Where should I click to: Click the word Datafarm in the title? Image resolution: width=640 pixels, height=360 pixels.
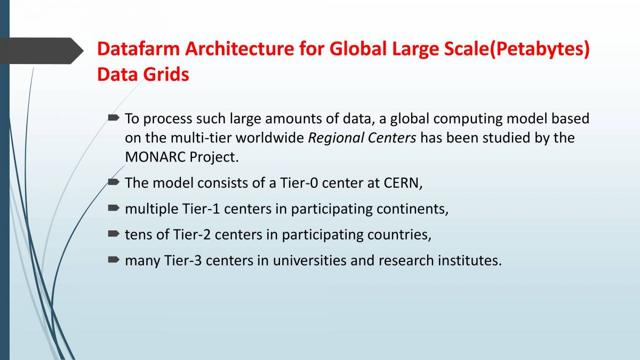click(138, 49)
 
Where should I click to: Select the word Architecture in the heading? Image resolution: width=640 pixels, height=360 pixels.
click(239, 49)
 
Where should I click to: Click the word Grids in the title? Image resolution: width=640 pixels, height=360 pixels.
click(166, 74)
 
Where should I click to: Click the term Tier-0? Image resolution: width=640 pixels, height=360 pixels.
click(299, 183)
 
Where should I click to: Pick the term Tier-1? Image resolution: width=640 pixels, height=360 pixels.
click(201, 209)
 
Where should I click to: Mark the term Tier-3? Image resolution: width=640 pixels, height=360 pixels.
click(183, 261)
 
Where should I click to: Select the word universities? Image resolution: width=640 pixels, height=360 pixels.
click(309, 261)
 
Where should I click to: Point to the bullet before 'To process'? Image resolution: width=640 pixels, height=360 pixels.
click(114, 117)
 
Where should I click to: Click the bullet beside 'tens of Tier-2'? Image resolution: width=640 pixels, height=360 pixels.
click(114, 234)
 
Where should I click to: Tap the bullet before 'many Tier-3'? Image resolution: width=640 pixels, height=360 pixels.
click(114, 259)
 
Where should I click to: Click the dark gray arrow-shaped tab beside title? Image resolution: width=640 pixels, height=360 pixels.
click(42, 51)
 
